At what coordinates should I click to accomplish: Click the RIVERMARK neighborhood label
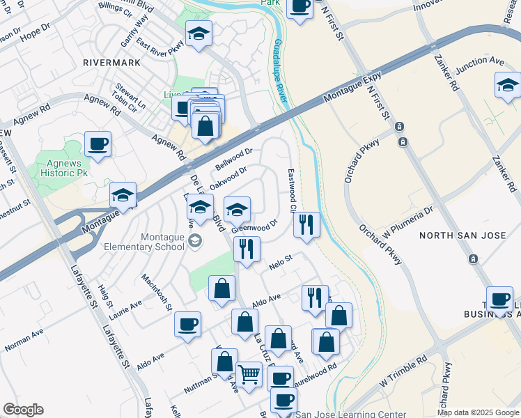[111, 63]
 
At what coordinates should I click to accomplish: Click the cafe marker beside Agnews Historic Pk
[98, 144]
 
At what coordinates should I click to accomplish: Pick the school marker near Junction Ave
[508, 85]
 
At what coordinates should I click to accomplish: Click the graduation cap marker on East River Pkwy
[199, 33]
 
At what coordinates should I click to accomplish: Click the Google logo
[23, 410]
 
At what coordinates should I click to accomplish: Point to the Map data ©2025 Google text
[477, 412]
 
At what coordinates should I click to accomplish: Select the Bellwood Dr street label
[233, 159]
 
